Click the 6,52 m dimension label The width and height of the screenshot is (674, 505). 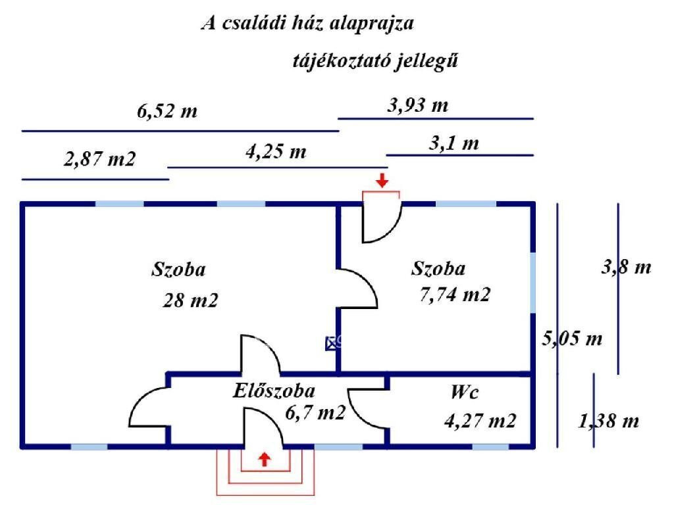pyautogui.click(x=167, y=111)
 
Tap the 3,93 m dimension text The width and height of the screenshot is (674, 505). pyautogui.click(x=418, y=105)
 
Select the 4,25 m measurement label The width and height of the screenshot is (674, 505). pyautogui.click(x=276, y=153)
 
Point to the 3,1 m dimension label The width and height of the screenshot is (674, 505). pyautogui.click(x=454, y=143)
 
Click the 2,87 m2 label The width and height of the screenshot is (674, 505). pyautogui.click(x=100, y=159)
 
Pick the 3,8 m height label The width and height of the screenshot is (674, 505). pyautogui.click(x=627, y=267)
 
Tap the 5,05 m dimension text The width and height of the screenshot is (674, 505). pyautogui.click(x=572, y=339)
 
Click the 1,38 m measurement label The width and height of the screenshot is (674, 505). pyautogui.click(x=608, y=421)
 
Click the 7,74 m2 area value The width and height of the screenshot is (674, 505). pyautogui.click(x=455, y=294)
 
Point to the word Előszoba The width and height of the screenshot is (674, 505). pyautogui.click(x=274, y=391)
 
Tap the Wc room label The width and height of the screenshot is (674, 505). pyautogui.click(x=465, y=393)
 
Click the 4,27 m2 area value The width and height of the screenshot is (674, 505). pyautogui.click(x=480, y=420)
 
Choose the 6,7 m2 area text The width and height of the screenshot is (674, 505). pyautogui.click(x=315, y=412)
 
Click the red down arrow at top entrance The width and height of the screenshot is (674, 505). pyautogui.click(x=382, y=180)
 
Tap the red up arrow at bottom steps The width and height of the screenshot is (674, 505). pyautogui.click(x=264, y=459)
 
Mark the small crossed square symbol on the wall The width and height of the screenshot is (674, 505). pyautogui.click(x=331, y=343)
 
